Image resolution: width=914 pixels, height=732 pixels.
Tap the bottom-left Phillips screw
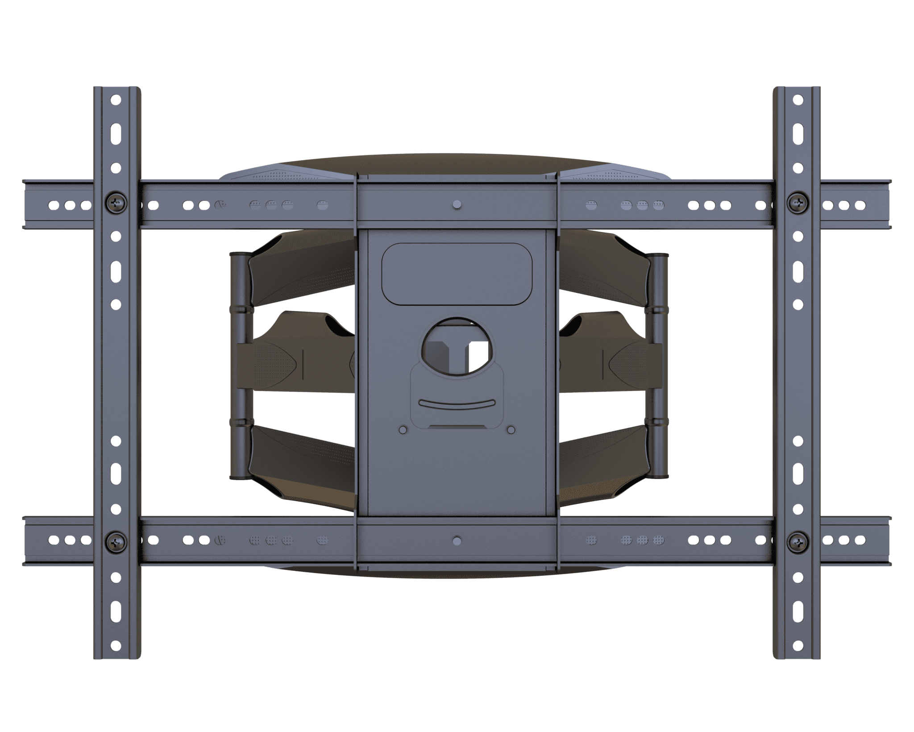pyautogui.click(x=116, y=542)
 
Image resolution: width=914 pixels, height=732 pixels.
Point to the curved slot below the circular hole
pyautogui.click(x=457, y=403)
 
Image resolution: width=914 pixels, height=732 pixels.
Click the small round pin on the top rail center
pyautogui.click(x=456, y=205)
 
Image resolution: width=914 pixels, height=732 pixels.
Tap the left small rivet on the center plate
pyautogui.click(x=403, y=429)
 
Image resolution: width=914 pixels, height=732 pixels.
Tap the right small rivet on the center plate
pyautogui.click(x=511, y=429)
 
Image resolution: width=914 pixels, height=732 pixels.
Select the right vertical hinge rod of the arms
pyautogui.click(x=658, y=366)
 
